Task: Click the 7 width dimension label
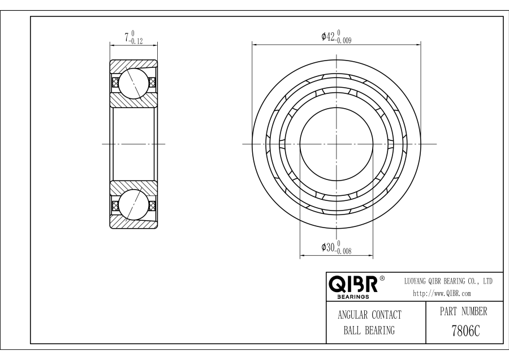click(133, 37)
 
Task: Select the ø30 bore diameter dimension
click(337, 247)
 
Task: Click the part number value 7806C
click(465, 331)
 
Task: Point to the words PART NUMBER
click(464, 311)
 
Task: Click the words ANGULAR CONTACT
click(369, 315)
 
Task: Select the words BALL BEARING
click(369, 331)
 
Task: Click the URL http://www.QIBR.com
click(442, 293)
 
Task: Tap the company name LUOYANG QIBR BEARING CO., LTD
click(448, 281)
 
